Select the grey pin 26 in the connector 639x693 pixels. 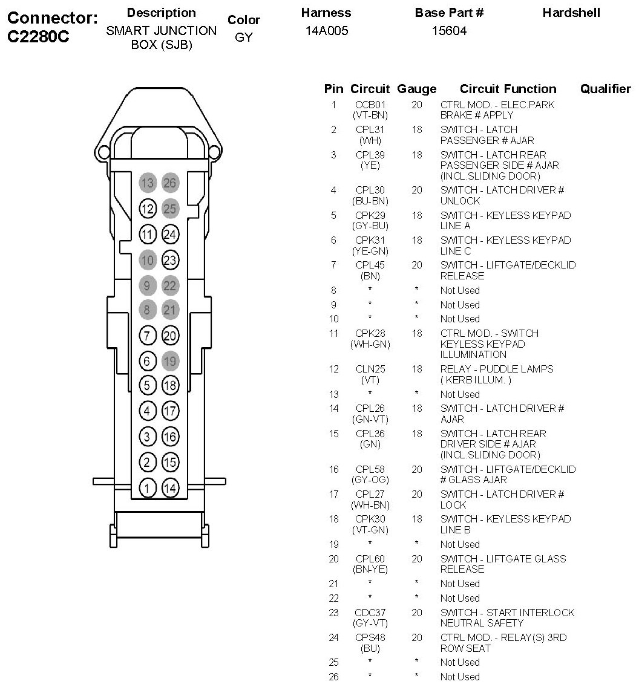tap(171, 183)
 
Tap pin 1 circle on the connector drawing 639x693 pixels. tap(147, 487)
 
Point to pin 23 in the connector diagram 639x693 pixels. tap(171, 260)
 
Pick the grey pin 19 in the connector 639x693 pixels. tap(171, 361)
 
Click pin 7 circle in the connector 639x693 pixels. tap(147, 336)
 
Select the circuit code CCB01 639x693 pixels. tap(370, 105)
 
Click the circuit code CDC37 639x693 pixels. tap(370, 613)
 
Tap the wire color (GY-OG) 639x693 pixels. tap(370, 480)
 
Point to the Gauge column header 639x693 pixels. tap(416, 89)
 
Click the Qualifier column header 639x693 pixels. tap(605, 89)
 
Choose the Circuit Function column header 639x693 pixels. tap(508, 89)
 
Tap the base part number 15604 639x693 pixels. tap(449, 31)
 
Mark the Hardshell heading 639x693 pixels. tap(571, 13)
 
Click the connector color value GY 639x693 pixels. tap(243, 37)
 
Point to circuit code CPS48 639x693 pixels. tap(370, 637)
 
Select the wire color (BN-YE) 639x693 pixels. tap(370, 569)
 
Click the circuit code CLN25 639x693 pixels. tap(370, 369)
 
